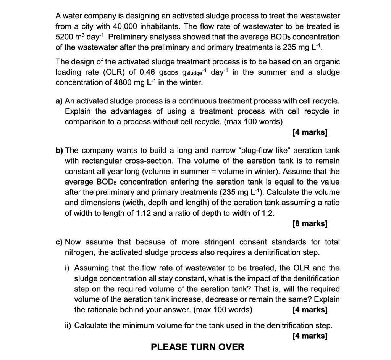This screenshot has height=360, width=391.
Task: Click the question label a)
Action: [59, 101]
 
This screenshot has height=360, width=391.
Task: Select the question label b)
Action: [60, 151]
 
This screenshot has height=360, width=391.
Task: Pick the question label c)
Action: [59, 242]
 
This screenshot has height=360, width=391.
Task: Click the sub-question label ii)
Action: [68, 325]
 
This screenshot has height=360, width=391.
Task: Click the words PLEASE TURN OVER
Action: [197, 347]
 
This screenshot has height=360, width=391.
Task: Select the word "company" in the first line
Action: [98, 16]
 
